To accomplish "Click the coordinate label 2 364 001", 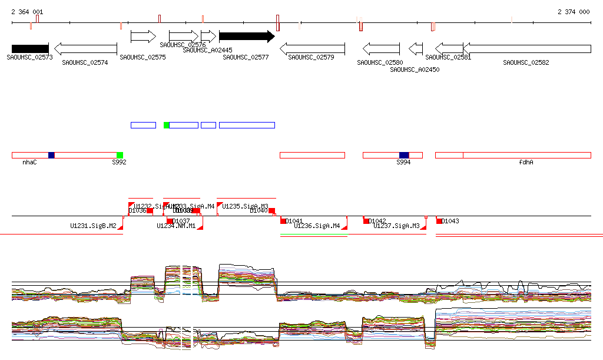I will coord(27,12).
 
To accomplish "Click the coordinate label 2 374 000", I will coord(574,12).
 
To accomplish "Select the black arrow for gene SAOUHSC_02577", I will coord(247,37).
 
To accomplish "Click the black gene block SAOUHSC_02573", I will coord(30,48).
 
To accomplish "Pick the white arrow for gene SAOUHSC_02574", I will coord(85,48).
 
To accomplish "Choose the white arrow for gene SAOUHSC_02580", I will coord(381,48).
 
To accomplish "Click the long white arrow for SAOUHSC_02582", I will coord(527,48).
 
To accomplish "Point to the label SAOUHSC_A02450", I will coord(415,70).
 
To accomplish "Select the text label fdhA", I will coord(526,162).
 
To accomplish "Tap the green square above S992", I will coord(120,155).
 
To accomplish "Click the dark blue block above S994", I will coord(404,155).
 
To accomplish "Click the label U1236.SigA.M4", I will coord(317,226).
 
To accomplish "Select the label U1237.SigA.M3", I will coord(396,226).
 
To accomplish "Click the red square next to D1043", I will coord(439,221).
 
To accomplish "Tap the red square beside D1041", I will coord(283,221).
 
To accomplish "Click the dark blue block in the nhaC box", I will coord(51,155).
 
